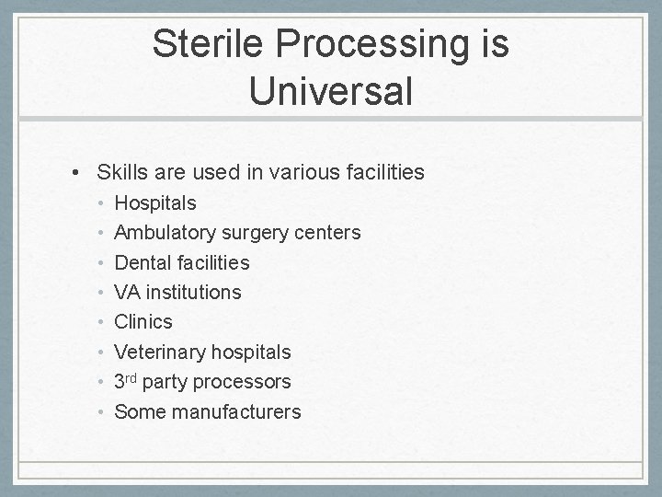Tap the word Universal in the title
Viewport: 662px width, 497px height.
[x=330, y=91]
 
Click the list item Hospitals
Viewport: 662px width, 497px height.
[x=154, y=202]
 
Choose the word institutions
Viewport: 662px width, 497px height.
[x=193, y=293]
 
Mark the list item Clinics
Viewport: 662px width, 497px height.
[x=143, y=322]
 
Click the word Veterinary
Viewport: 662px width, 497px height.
[x=159, y=353]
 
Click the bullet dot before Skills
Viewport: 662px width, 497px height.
[x=81, y=172]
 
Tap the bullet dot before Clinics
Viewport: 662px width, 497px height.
[x=101, y=323]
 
